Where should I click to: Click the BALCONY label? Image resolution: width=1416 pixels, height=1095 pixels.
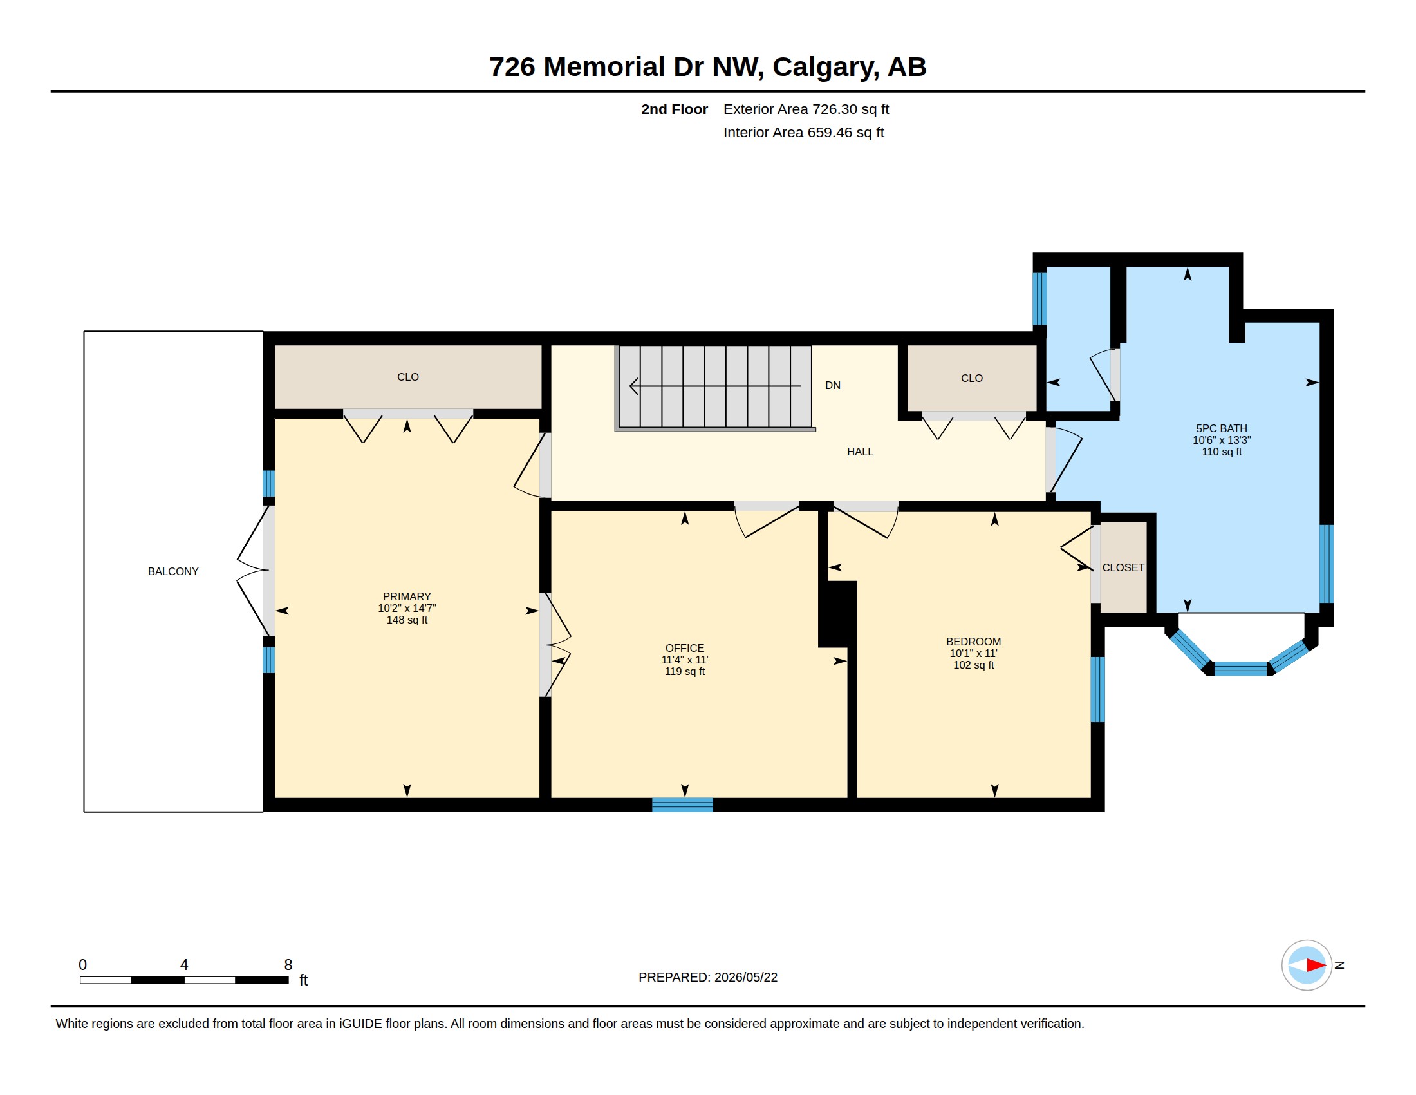[173, 571]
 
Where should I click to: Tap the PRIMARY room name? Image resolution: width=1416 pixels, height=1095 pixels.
[407, 596]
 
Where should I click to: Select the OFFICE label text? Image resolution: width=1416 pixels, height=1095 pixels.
[685, 648]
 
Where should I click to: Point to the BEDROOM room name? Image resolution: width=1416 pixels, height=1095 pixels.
[973, 642]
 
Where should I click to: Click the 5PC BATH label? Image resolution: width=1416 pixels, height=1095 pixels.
[1222, 428]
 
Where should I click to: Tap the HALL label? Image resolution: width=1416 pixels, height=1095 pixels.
[860, 452]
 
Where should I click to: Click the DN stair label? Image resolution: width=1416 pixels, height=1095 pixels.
[832, 385]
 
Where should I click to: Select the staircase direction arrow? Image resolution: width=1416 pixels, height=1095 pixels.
[715, 386]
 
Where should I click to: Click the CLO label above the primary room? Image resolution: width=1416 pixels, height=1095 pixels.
[408, 377]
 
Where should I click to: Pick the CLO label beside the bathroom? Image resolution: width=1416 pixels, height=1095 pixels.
[972, 378]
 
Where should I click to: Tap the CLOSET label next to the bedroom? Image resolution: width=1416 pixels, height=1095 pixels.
[1123, 567]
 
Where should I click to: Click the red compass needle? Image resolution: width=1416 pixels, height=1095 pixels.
[1316, 966]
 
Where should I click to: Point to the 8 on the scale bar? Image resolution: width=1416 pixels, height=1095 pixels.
[288, 965]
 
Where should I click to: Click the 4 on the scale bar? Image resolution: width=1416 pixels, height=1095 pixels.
[184, 965]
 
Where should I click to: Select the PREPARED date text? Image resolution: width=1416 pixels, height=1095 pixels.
[708, 977]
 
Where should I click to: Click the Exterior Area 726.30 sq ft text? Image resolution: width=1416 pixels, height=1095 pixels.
[806, 109]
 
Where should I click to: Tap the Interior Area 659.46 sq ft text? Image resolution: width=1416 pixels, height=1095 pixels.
[804, 132]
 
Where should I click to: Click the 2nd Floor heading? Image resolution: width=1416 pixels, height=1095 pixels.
[675, 109]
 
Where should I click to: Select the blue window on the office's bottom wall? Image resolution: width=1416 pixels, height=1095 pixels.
[682, 805]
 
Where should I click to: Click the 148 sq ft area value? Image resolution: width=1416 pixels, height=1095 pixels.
[407, 620]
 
